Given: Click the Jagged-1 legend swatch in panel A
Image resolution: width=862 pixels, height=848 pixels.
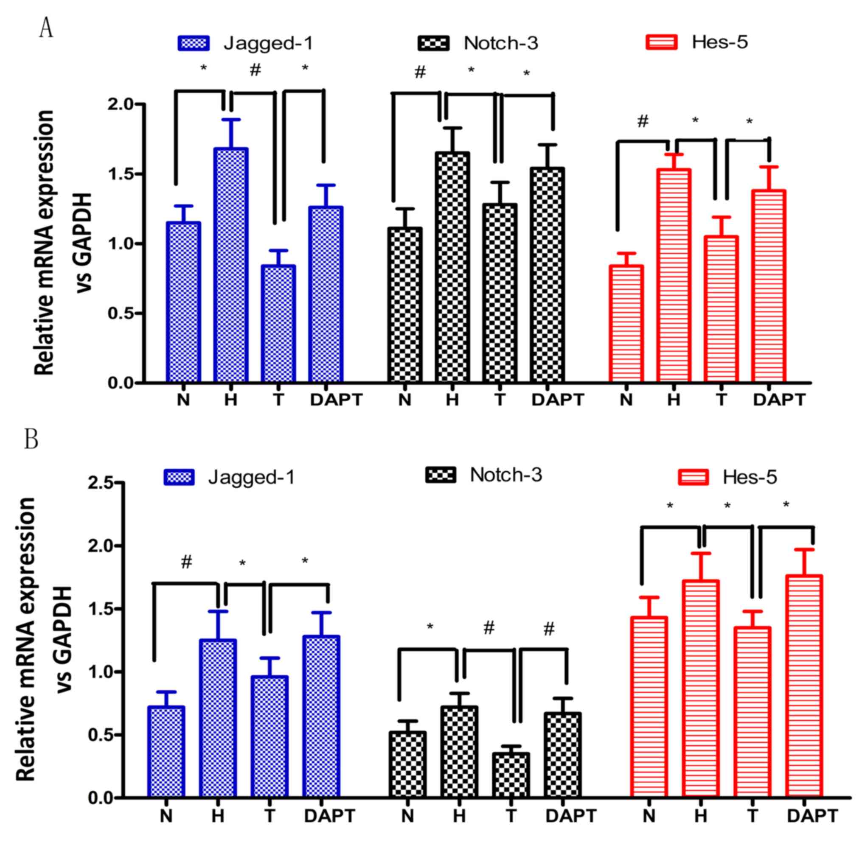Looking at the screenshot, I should pyautogui.click(x=194, y=43).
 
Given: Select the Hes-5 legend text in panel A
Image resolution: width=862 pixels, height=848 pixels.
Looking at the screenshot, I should pyautogui.click(x=719, y=42).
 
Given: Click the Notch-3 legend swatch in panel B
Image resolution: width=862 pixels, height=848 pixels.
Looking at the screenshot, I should pyautogui.click(x=441, y=475).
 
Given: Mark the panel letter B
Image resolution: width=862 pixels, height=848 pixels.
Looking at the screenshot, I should pyautogui.click(x=31, y=439).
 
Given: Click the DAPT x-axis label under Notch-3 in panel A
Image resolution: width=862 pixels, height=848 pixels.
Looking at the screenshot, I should pyautogui.click(x=557, y=400).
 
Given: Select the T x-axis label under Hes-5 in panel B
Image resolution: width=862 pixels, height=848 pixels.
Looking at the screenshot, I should pyautogui.click(x=752, y=816).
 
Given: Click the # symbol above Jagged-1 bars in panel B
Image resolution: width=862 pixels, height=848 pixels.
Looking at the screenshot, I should pyautogui.click(x=186, y=562).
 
